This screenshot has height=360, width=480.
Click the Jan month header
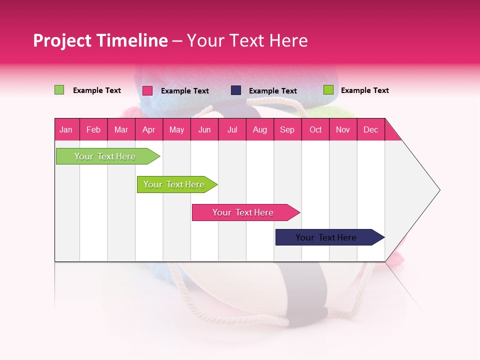pos(66,129)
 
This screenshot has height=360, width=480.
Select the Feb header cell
pos(93,129)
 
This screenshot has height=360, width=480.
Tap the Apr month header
pos(148,129)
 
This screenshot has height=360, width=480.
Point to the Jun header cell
pos(204,129)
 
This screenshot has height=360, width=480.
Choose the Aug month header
pos(259,129)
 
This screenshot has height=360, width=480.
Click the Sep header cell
pos(287,129)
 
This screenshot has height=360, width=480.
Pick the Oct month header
pos(315,129)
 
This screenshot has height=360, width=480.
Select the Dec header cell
pos(370,129)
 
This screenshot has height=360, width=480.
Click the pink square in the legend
pos(147,90)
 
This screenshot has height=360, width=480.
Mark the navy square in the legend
pos(236,90)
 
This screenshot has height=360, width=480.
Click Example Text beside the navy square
pos(272,91)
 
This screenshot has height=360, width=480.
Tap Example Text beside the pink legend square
pos(184,91)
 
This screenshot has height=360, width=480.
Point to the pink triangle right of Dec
pos(391,132)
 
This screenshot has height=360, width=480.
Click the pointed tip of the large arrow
pos(438,190)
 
